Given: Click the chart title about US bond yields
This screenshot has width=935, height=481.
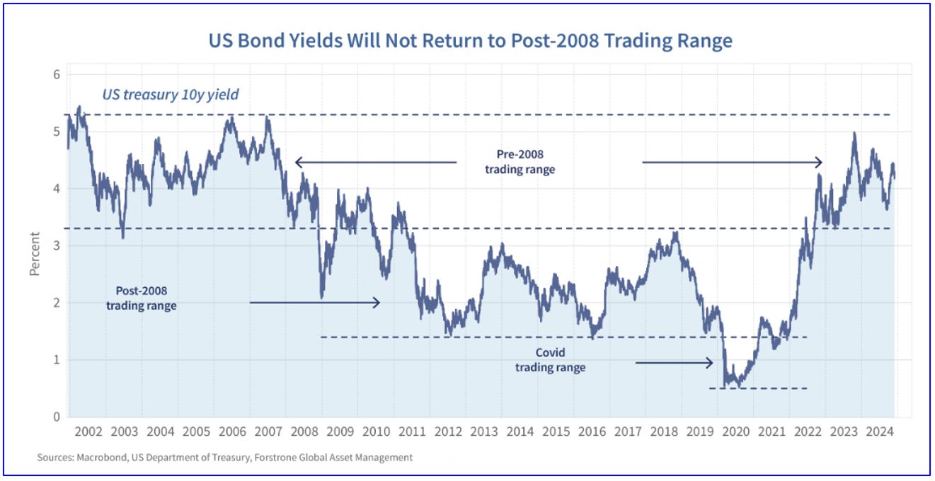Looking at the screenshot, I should [x=470, y=41].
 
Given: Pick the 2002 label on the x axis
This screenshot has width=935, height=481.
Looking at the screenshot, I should [x=88, y=431].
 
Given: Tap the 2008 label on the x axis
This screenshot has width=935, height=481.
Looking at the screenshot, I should [x=304, y=431].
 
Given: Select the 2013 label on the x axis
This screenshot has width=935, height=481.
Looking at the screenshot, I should [x=484, y=431].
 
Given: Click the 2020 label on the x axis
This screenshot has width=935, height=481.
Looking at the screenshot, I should [x=736, y=431].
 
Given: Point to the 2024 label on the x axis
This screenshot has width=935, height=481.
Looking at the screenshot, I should [x=880, y=431].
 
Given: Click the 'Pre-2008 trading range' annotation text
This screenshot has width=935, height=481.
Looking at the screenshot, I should [x=520, y=162].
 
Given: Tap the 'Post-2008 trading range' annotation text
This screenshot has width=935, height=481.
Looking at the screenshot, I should [x=142, y=298].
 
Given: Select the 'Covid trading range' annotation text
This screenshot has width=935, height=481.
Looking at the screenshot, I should [x=550, y=360].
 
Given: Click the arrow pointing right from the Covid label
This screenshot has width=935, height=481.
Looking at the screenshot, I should [x=674, y=363].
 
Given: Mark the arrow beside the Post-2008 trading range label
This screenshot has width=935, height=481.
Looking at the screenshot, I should [x=315, y=303].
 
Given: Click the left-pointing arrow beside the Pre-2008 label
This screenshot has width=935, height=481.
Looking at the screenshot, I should [x=375, y=163].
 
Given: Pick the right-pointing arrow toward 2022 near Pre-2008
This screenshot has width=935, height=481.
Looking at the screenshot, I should [x=733, y=163].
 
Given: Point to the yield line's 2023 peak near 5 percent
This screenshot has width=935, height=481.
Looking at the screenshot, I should [x=854, y=133].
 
